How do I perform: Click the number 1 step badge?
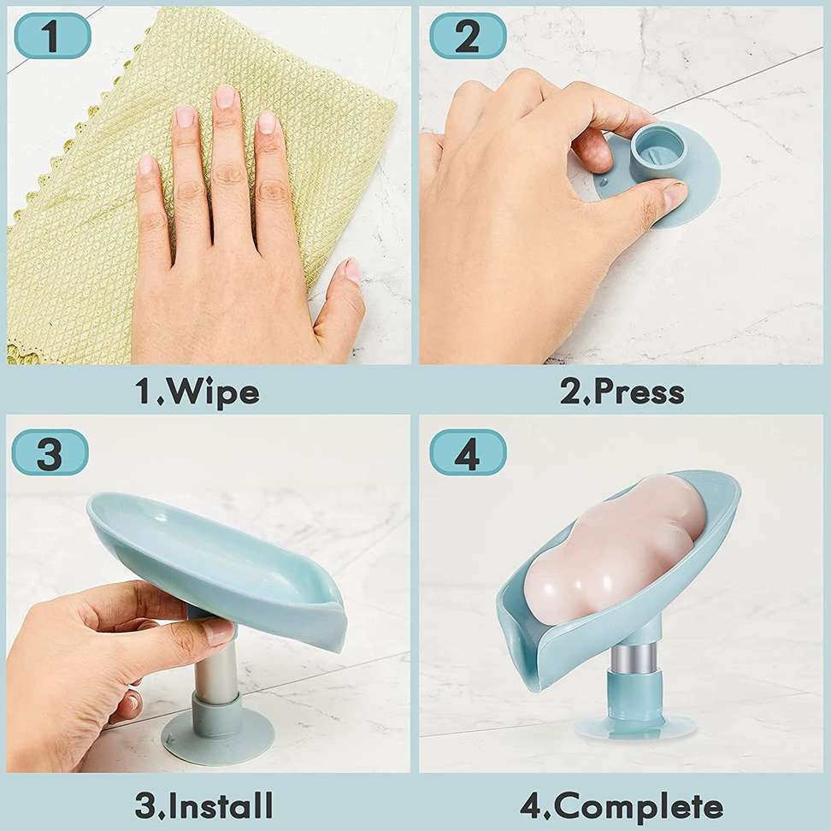point(52,36)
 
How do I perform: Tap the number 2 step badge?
point(468,36)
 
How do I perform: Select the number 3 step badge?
point(50,452)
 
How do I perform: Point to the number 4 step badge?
point(468,452)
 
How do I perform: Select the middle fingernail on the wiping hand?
point(224,97)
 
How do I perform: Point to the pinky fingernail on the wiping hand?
point(144,164)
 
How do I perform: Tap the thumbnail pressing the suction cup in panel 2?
point(673,196)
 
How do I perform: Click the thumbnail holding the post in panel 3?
point(221,633)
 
